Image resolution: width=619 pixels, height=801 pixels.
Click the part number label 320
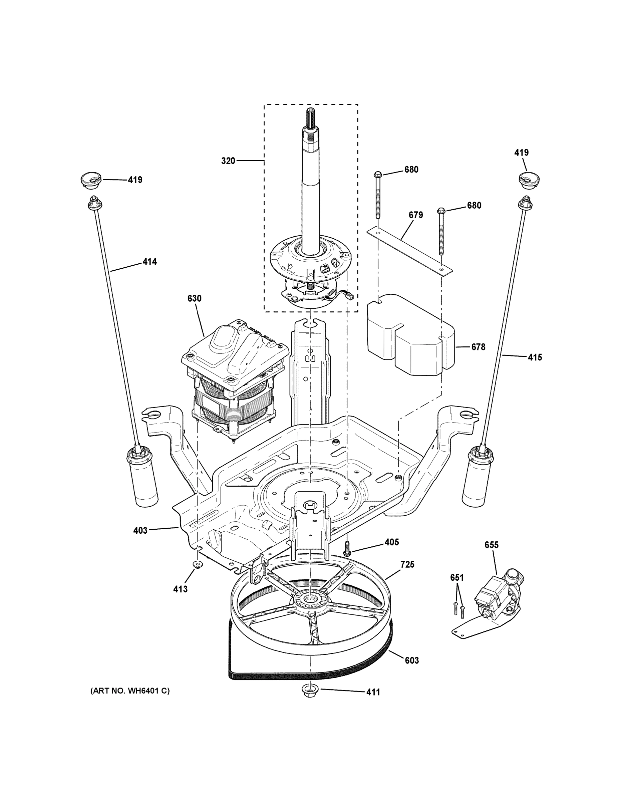[228, 161]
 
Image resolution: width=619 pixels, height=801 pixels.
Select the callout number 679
[416, 215]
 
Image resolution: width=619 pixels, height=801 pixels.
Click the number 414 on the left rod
[149, 262]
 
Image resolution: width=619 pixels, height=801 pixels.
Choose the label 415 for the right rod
[535, 357]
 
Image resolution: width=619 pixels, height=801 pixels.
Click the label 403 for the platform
[140, 530]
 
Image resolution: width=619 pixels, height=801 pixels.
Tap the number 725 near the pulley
[407, 564]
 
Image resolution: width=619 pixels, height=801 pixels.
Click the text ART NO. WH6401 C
[130, 691]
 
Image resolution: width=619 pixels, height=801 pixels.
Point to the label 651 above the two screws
[457, 578]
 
